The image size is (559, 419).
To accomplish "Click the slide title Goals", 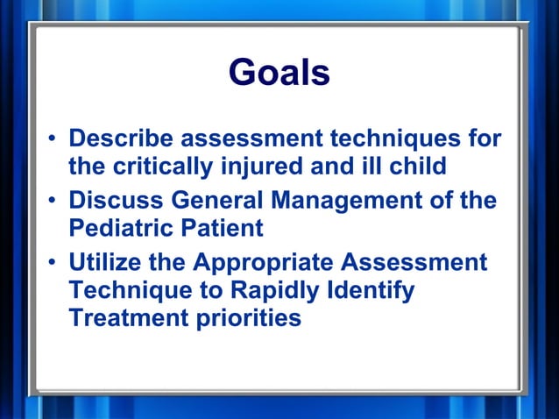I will [x=279, y=73].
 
